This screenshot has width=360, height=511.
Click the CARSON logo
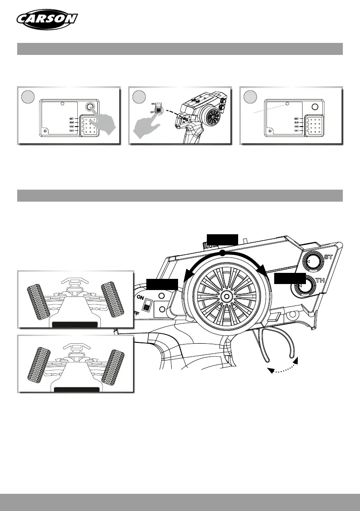47,19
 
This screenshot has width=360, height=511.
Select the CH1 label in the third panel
296,130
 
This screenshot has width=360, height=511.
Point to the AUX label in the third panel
296,122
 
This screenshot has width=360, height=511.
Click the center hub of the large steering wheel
226,296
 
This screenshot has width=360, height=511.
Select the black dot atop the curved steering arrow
222,254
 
